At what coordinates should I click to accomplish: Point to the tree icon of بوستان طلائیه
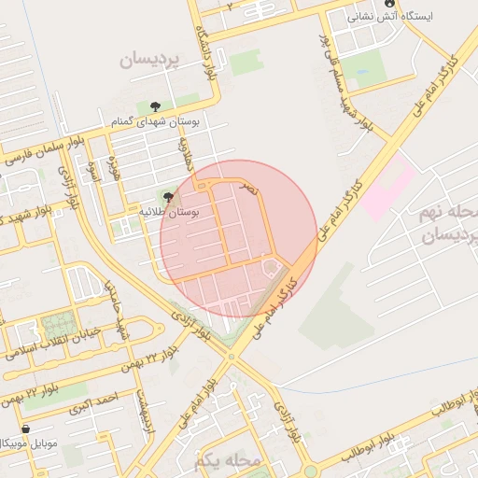tap(168, 197)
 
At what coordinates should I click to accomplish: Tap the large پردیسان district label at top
tap(153, 60)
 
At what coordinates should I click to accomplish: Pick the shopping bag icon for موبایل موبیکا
tap(25, 429)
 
